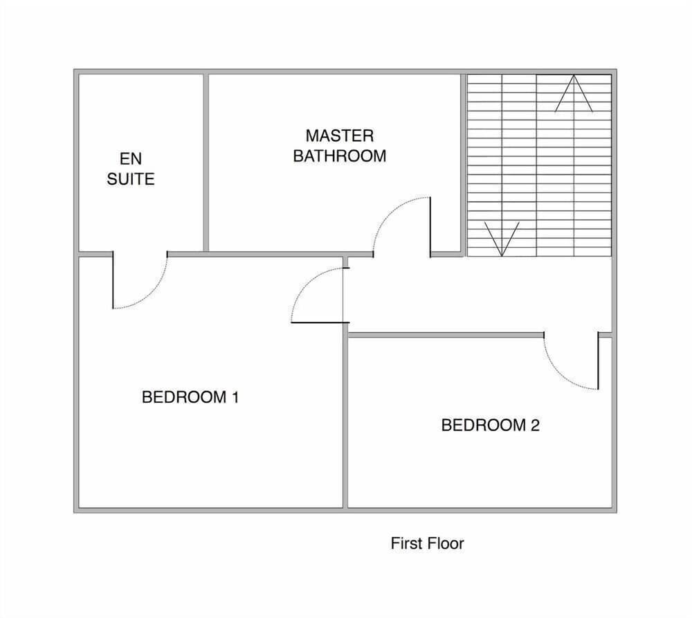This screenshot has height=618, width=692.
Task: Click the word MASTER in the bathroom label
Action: [339, 135]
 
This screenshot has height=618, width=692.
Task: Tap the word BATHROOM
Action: [339, 156]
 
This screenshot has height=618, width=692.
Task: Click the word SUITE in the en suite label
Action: [131, 179]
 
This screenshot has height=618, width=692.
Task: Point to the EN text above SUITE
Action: [131, 160]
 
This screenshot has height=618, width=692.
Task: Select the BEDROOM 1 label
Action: [190, 397]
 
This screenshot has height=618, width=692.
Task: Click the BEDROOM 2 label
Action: [490, 425]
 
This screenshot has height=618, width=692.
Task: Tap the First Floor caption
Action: [427, 543]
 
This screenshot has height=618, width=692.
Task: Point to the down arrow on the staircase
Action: [502, 239]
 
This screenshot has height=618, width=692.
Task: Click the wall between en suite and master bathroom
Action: [206, 163]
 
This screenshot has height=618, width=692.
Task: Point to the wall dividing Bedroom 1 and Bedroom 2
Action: [345, 422]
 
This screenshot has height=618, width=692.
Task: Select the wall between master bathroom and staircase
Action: [462, 163]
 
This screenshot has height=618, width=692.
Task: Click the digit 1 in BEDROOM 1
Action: [235, 397]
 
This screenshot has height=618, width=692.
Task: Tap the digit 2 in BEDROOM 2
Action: [534, 425]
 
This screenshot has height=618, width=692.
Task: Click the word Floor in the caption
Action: [446, 543]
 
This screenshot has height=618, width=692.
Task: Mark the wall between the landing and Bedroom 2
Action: [443, 335]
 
